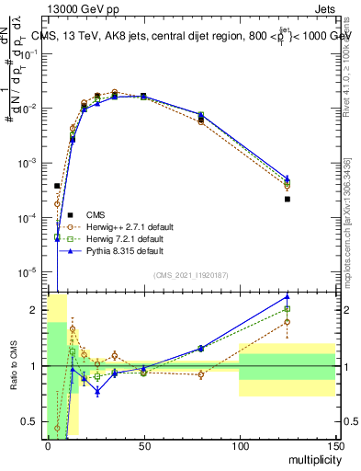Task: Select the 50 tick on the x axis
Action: (143, 445)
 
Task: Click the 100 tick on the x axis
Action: (239, 445)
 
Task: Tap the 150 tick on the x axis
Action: (334, 445)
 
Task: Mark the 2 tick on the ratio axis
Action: (35, 310)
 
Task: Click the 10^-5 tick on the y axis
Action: (29, 272)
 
